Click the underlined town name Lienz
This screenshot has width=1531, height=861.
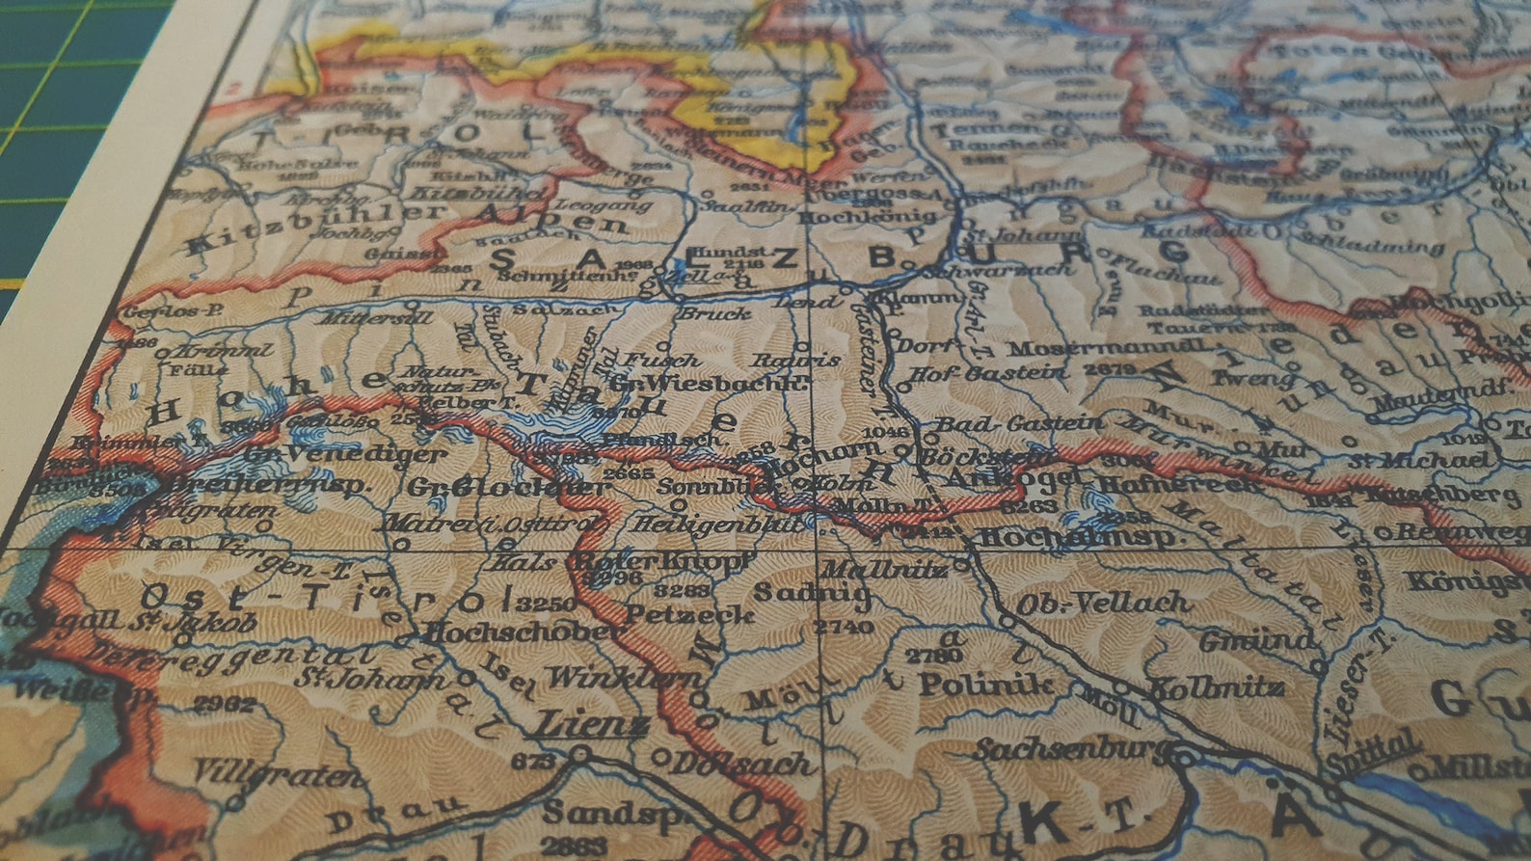coord(591,723)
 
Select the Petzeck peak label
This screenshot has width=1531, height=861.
coord(689,613)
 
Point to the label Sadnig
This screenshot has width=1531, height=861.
coord(813,591)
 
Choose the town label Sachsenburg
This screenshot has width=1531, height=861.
coord(1070,748)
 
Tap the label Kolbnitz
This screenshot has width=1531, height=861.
coord(1215,687)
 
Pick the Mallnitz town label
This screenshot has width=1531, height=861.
coord(882,568)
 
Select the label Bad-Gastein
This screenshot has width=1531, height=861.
coord(1020,423)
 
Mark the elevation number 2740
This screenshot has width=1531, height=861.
coord(844,627)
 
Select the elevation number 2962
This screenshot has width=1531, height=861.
coord(224,704)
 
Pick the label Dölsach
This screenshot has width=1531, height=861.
coord(740,764)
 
